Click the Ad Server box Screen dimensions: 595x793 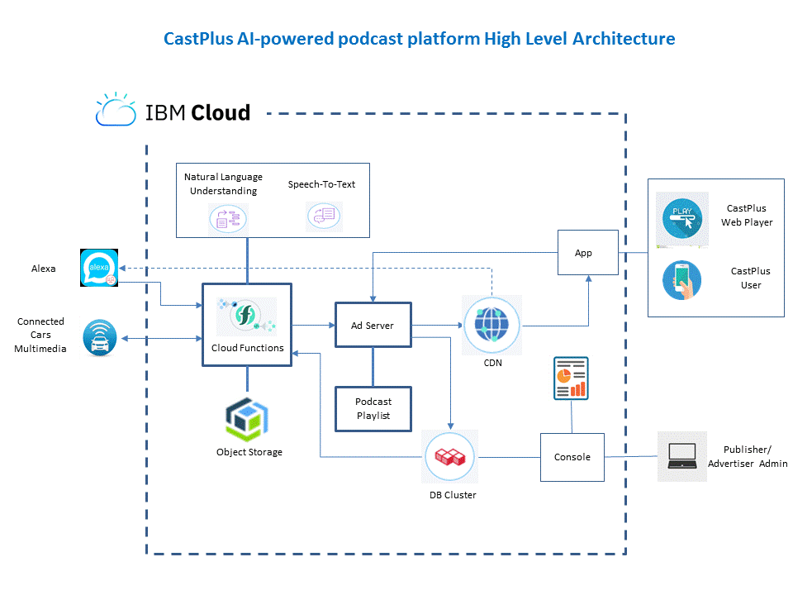coord(373,326)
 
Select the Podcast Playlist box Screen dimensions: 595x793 coord(373,408)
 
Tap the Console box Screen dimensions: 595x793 coord(572,457)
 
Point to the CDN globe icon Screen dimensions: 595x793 coord(492,326)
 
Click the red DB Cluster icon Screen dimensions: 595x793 coord(451,457)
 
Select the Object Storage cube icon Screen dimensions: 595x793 coord(249,419)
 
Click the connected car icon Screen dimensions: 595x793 coord(100,339)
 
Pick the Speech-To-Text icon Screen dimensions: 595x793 coord(321,216)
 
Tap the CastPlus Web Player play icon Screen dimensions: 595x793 coord(681,220)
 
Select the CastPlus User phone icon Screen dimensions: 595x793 coord(681,279)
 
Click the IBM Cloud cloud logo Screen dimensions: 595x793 coord(116,111)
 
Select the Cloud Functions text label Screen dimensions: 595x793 coord(247,348)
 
